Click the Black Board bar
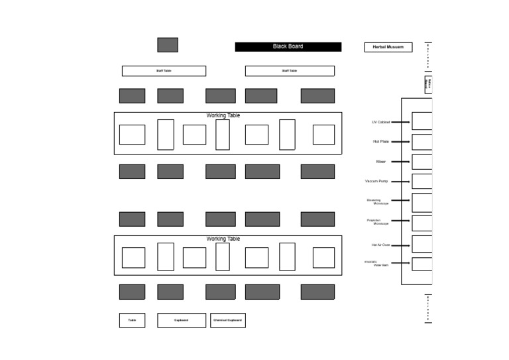pyautogui.click(x=288, y=46)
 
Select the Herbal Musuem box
pyautogui.click(x=388, y=47)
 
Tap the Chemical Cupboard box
pyautogui.click(x=227, y=320)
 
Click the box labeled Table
pyautogui.click(x=132, y=320)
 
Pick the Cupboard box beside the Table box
pyautogui.click(x=181, y=320)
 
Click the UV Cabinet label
pyautogui.click(x=380, y=122)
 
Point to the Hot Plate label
pyautogui.click(x=380, y=141)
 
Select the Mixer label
pyautogui.click(x=380, y=161)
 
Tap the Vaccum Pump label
pyautogui.click(x=376, y=181)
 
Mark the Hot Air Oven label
pyautogui.click(x=380, y=245)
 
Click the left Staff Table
pyautogui.click(x=164, y=71)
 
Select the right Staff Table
pyautogui.click(x=290, y=71)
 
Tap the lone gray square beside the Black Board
pyautogui.click(x=168, y=44)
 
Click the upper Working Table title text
pyautogui.click(x=223, y=115)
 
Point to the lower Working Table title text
pyautogui.click(x=223, y=239)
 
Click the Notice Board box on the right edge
pyautogui.click(x=429, y=84)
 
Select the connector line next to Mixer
pyautogui.click(x=400, y=162)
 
